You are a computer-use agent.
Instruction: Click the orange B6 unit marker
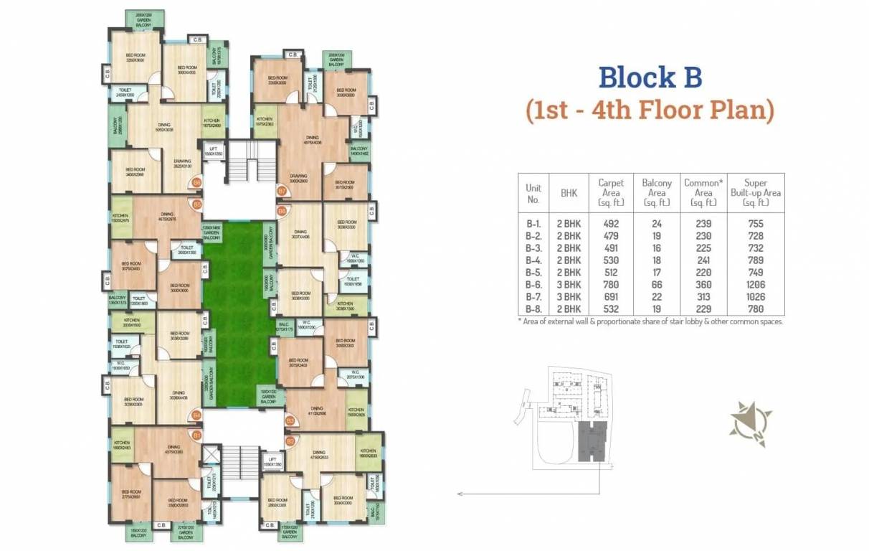click(x=196, y=183)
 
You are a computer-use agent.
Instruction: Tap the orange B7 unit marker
click(x=282, y=191)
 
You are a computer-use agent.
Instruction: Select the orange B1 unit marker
click(x=196, y=435)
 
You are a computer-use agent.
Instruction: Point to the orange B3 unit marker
click(x=290, y=420)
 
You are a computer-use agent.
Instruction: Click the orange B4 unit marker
click(x=196, y=415)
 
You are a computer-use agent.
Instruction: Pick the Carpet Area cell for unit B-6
click(x=611, y=285)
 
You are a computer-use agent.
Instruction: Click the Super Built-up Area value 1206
click(x=755, y=285)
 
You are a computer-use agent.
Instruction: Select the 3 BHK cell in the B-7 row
click(x=569, y=297)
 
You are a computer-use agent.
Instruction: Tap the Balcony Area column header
click(x=656, y=193)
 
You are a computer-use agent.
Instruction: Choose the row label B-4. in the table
click(x=533, y=260)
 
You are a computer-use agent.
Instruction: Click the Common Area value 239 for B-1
click(x=703, y=224)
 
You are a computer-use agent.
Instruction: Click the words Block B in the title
click(x=650, y=77)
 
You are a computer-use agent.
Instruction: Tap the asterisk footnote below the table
click(x=650, y=321)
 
